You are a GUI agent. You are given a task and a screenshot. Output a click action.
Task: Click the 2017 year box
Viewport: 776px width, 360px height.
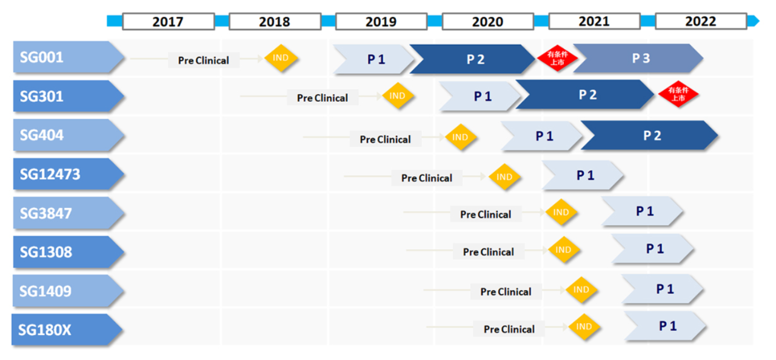tap(168, 22)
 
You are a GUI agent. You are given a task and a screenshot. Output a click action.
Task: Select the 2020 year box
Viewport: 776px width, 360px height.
tap(487, 22)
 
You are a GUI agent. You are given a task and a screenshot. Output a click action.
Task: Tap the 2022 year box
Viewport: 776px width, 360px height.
tap(700, 21)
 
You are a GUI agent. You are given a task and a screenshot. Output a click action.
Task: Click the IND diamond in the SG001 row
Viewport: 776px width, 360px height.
tap(281, 58)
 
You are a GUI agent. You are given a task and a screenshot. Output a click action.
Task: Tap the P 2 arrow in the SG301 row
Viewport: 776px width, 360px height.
tap(586, 95)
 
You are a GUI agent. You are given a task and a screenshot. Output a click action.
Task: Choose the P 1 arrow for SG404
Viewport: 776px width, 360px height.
tap(542, 136)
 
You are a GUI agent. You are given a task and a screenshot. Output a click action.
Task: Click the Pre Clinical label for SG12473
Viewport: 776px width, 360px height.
tap(426, 178)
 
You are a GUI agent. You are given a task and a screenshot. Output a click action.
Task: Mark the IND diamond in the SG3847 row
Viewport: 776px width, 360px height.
tap(561, 212)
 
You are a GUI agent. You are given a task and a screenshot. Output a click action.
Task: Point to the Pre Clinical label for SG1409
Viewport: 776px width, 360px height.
tap(506, 292)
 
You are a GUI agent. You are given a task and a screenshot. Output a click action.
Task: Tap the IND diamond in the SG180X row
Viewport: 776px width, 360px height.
tap(584, 327)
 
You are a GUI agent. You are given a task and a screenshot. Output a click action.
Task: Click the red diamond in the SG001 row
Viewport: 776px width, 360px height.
tap(557, 58)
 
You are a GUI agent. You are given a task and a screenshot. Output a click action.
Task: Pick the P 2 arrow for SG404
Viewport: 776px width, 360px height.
tap(650, 136)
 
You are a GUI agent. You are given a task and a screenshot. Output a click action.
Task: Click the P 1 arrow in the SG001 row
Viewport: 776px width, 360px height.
tap(374, 59)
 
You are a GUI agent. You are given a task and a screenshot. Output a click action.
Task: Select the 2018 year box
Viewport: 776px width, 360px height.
tap(275, 22)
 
